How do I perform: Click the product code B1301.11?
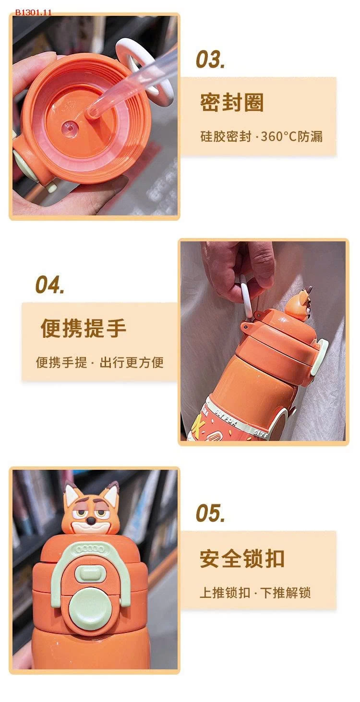point(33,12)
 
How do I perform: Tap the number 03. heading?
point(210,59)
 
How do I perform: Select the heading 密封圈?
point(232,102)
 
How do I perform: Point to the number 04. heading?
point(49,285)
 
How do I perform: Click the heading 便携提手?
point(83,328)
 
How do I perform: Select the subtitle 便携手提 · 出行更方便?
point(100,362)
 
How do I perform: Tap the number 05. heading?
point(210,513)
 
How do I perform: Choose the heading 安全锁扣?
point(242,559)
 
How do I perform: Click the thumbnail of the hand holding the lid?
point(95,117)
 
